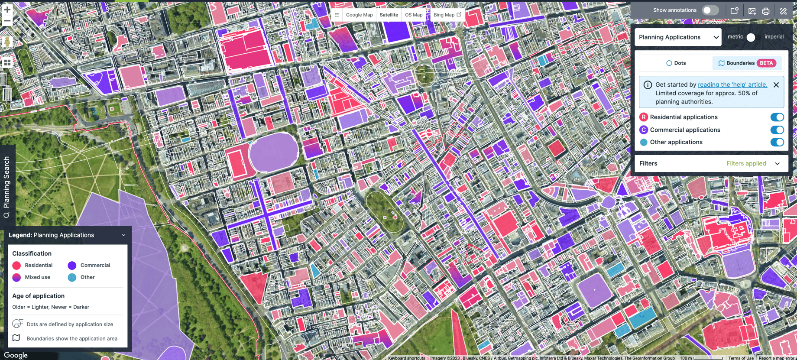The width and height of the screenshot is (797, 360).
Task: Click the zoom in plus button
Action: click(x=7, y=10)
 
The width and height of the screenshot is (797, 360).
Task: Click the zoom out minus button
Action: click(x=7, y=20)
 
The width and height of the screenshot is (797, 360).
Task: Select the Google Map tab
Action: click(x=359, y=15)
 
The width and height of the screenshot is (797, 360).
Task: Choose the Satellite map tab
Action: click(x=389, y=15)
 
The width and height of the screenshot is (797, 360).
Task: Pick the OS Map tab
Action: click(x=414, y=15)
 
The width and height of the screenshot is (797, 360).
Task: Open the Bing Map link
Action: click(x=447, y=15)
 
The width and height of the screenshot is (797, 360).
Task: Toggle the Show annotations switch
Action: click(x=710, y=10)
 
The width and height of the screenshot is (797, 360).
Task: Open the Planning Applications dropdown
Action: click(x=678, y=37)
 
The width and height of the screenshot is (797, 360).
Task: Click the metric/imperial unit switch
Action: click(x=753, y=37)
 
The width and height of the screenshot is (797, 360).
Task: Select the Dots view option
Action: click(x=676, y=63)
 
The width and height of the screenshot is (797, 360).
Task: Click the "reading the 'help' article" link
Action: click(x=732, y=85)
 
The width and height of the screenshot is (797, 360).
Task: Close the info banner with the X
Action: click(x=776, y=85)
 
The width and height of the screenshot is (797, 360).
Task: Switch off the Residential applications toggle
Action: click(x=777, y=117)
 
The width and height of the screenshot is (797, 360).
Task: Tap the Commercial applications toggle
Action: click(x=777, y=130)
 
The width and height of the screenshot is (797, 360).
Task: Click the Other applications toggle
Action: click(x=777, y=142)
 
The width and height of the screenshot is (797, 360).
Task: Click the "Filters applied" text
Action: click(x=746, y=163)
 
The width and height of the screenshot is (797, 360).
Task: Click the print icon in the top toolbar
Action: click(x=766, y=11)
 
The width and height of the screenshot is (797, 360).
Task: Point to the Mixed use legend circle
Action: click(x=16, y=277)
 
